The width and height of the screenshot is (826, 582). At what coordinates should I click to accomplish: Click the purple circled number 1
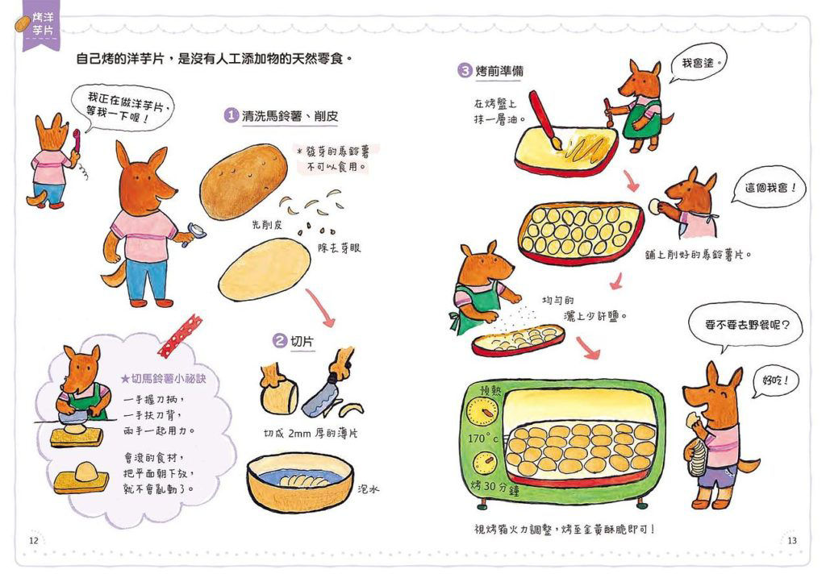[230, 116]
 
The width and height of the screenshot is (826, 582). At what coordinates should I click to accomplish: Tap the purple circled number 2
[279, 342]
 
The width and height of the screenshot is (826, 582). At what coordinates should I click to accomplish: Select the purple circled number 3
[465, 70]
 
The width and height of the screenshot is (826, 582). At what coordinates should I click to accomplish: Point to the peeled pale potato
[264, 269]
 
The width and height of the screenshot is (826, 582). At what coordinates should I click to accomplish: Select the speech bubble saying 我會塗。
[699, 62]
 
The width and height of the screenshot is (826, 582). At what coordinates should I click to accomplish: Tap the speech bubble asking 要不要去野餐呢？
[746, 327]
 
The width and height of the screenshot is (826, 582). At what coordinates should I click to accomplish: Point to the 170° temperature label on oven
[482, 440]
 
